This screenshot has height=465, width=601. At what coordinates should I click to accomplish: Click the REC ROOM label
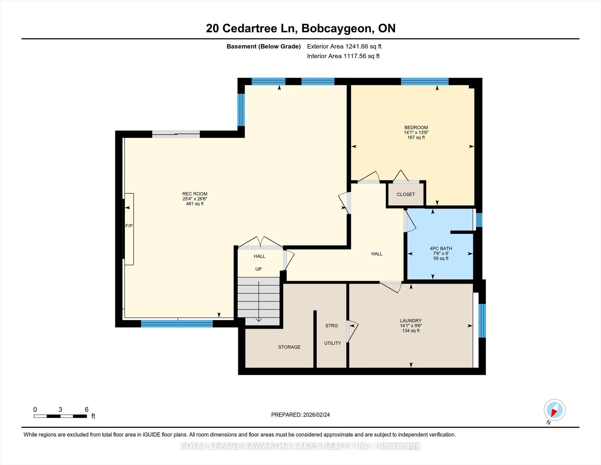tap(195, 194)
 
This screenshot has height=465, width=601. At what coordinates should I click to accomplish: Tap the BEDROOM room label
tap(416, 127)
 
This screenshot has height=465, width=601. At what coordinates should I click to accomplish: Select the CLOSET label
tap(406, 194)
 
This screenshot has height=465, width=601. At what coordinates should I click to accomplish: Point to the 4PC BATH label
tap(441, 249)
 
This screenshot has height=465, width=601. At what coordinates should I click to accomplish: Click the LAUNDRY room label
tap(411, 321)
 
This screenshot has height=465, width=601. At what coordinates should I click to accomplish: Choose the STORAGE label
tap(289, 347)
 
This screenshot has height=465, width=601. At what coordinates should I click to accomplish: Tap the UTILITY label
tap(332, 343)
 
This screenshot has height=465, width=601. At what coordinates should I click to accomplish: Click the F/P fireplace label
tap(129, 226)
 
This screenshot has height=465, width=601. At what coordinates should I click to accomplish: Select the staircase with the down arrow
tap(259, 301)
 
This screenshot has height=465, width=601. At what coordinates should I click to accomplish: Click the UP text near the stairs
tap(259, 269)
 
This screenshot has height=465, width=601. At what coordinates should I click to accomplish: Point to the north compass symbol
tap(554, 410)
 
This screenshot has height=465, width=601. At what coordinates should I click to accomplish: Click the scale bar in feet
tap(60, 416)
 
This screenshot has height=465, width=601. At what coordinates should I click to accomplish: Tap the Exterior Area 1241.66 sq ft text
tap(344, 46)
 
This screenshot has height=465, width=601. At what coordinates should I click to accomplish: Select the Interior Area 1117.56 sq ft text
tap(343, 56)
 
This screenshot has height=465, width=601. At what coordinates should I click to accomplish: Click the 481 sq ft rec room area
tap(195, 204)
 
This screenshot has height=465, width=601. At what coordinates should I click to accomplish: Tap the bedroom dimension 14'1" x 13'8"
tap(416, 132)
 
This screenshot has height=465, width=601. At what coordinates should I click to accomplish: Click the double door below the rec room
tap(260, 243)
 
